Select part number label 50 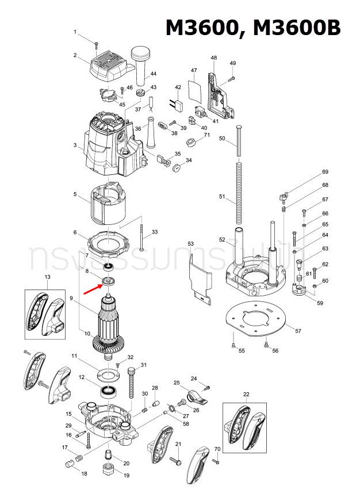click(x=222, y=139)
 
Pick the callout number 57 click(x=297, y=331)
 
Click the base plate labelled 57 click(x=255, y=317)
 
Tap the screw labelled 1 click(x=98, y=42)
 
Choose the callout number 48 click(x=214, y=58)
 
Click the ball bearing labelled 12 click(x=107, y=392)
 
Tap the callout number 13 click(x=47, y=277)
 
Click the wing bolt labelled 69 click(x=282, y=197)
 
